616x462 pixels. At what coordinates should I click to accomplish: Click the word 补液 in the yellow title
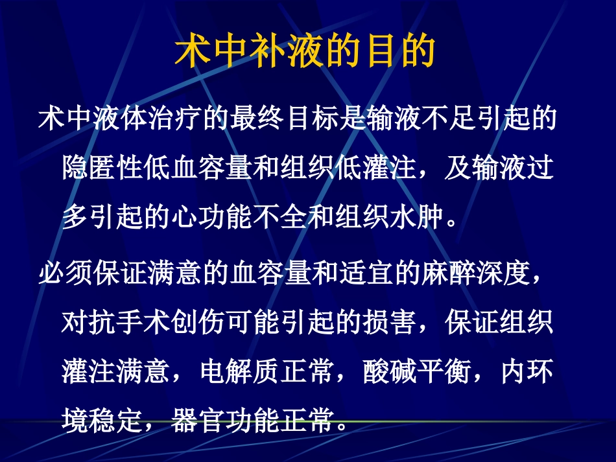point(305,52)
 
